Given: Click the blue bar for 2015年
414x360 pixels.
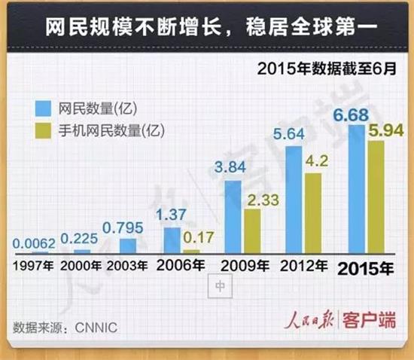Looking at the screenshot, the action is (x=357, y=189).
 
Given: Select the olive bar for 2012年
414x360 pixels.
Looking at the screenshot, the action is (x=313, y=213).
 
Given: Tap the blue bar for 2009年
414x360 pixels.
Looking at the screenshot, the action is (x=233, y=217).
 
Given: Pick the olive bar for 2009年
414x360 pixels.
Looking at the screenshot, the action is (x=252, y=231).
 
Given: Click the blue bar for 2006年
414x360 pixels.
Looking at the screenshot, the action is (x=172, y=240).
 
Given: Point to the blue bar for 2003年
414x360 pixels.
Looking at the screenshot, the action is (x=128, y=246).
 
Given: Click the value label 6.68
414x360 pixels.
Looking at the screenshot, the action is (x=351, y=115).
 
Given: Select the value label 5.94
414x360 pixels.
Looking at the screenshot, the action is (x=386, y=130).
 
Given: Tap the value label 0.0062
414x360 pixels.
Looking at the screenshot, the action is (x=34, y=243).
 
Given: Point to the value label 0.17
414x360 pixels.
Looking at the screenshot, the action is (x=198, y=237).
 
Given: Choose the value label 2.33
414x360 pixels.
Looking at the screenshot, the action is (x=263, y=200).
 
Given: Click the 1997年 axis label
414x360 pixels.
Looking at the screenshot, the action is (x=33, y=266).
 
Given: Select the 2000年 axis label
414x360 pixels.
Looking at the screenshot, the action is (x=81, y=266).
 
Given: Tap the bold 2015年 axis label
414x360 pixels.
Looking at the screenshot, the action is (x=366, y=269).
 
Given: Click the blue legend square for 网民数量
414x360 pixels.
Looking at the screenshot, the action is (x=44, y=108).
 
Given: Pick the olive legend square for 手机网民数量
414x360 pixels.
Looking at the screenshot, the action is (x=44, y=130).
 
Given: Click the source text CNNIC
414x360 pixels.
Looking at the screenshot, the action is (x=96, y=328).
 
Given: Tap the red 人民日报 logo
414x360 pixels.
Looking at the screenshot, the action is (x=309, y=319).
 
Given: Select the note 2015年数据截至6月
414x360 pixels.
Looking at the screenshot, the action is (x=327, y=69).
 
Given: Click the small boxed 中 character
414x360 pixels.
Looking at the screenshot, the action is (x=220, y=285).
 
